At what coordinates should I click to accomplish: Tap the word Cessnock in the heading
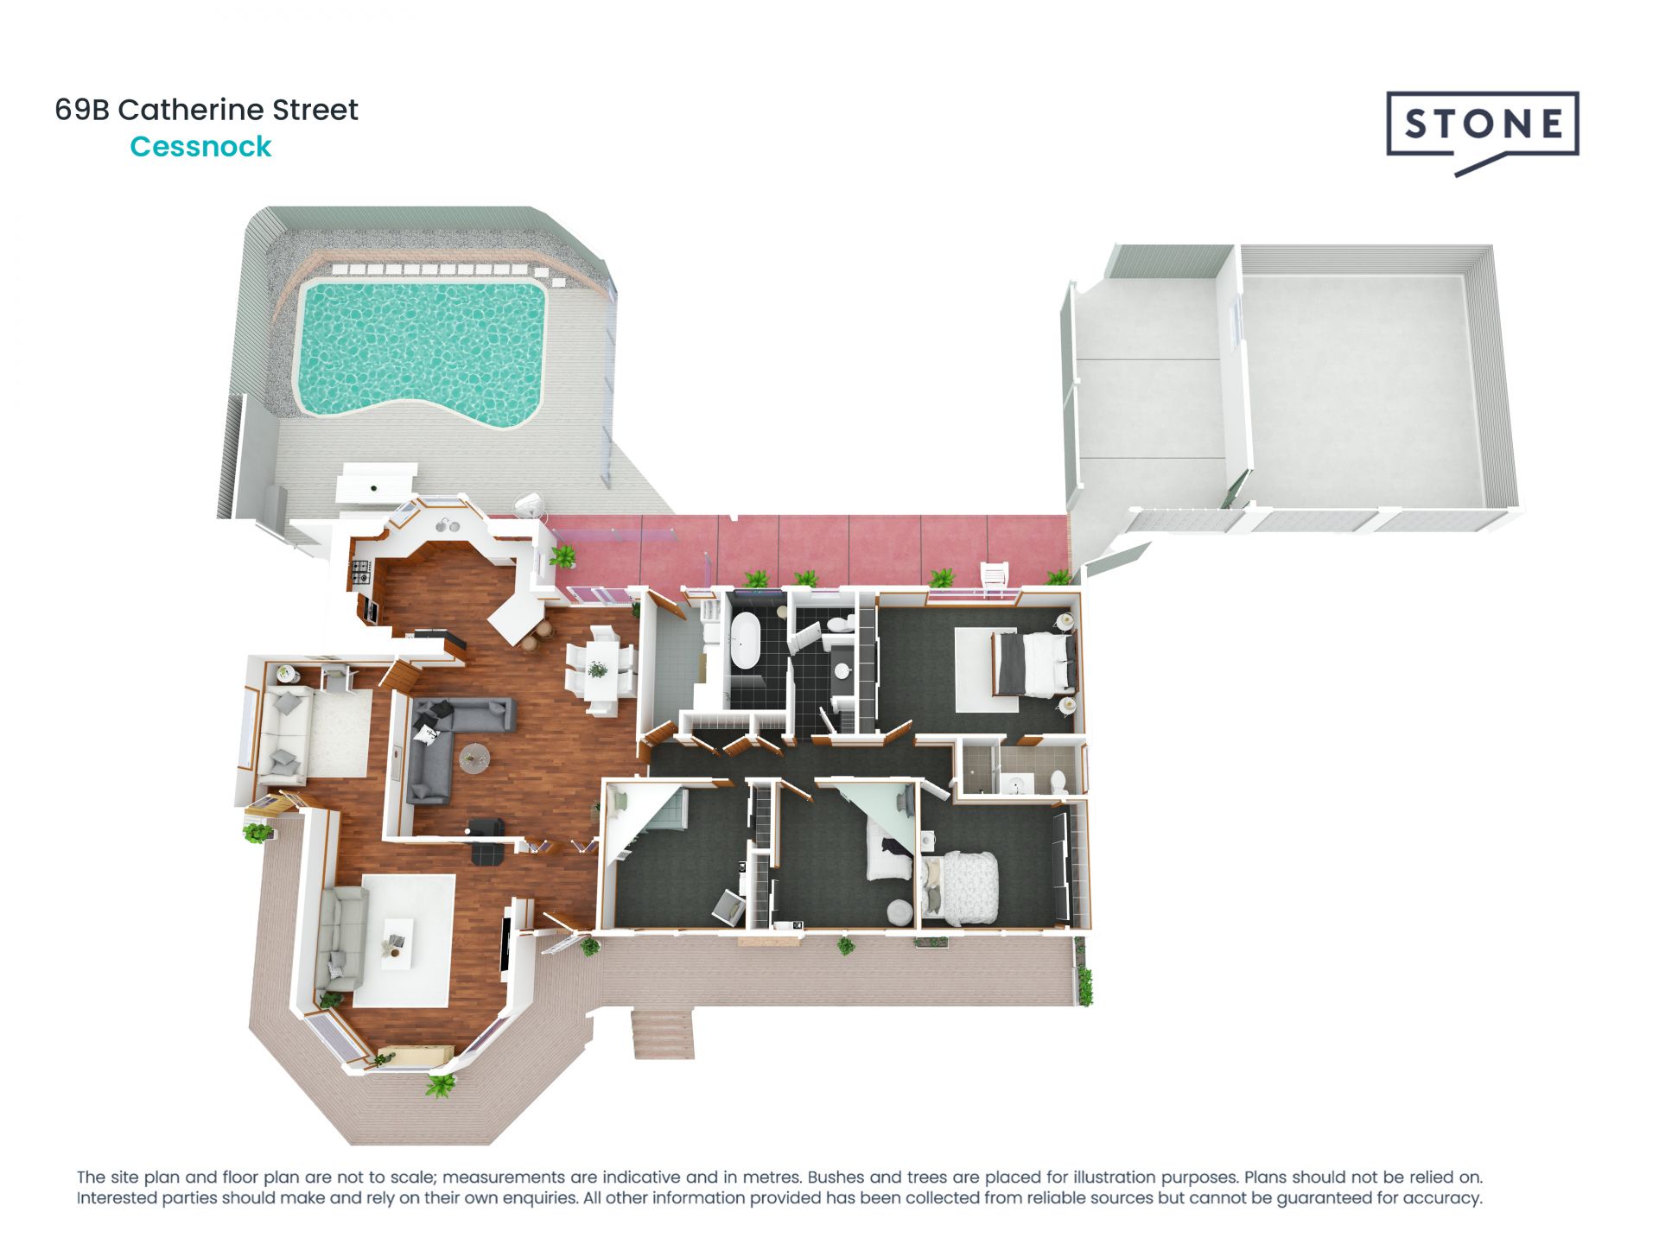click(x=200, y=147)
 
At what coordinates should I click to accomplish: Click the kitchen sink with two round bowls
click(x=447, y=524)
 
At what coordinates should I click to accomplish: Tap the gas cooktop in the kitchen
click(x=360, y=571)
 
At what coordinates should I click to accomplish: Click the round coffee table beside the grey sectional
click(x=474, y=758)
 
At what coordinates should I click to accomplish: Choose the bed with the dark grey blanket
click(x=1033, y=663)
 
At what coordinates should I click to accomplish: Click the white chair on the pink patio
click(x=994, y=578)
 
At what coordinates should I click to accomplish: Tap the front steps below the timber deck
click(x=664, y=1033)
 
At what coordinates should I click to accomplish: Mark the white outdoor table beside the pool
click(x=379, y=482)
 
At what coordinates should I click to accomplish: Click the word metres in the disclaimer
click(x=768, y=1177)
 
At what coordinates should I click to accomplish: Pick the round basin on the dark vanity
click(x=841, y=670)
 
